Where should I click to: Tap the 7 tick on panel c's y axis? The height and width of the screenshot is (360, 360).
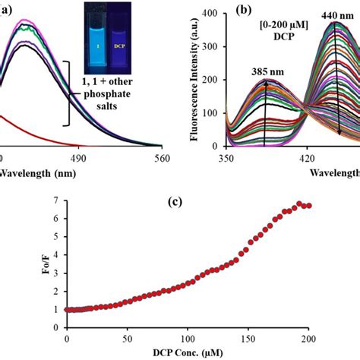[54, 199]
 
